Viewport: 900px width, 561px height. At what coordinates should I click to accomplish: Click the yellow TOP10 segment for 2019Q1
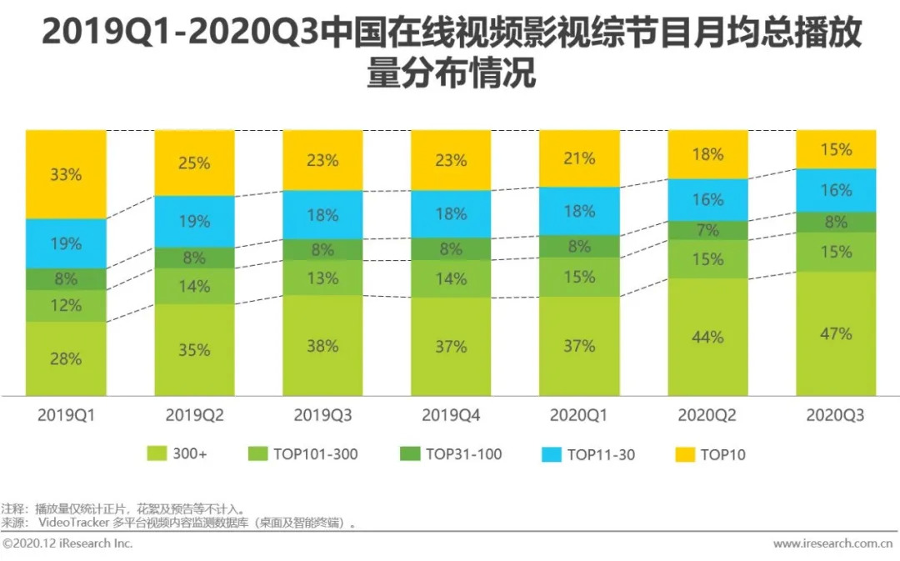66,174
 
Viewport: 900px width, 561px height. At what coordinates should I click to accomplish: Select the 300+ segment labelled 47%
837,333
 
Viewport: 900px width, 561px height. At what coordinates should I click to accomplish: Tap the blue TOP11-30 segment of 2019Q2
194,222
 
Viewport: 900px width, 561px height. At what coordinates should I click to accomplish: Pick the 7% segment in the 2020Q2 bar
707,230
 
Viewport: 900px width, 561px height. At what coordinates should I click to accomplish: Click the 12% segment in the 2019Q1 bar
66,306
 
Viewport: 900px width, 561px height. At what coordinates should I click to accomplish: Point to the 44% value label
707,338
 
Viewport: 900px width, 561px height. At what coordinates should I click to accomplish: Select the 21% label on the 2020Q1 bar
579,158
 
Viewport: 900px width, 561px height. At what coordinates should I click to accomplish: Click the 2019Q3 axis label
322,415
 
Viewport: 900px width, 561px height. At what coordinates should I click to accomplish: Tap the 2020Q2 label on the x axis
707,415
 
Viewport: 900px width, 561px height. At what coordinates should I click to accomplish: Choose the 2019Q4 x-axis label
451,415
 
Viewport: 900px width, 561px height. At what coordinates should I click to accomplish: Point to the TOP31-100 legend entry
452,454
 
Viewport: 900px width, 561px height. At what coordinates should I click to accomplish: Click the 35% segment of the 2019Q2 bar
194,350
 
